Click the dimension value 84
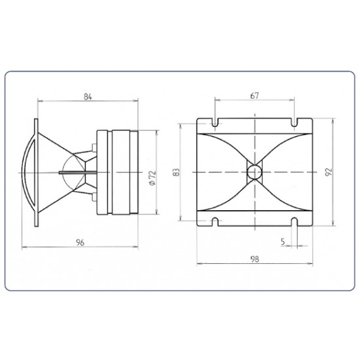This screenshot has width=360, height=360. (88, 97)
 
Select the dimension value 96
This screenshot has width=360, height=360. (81, 242)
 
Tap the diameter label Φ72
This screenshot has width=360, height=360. (153, 178)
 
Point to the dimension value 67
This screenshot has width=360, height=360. (255, 96)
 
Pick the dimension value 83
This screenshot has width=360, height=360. (176, 172)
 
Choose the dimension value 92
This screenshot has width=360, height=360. (329, 171)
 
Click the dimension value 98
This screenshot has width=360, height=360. (255, 259)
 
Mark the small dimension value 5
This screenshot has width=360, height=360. (283, 242)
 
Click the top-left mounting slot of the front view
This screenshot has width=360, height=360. (215, 122)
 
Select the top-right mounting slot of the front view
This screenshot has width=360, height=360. (295, 122)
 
